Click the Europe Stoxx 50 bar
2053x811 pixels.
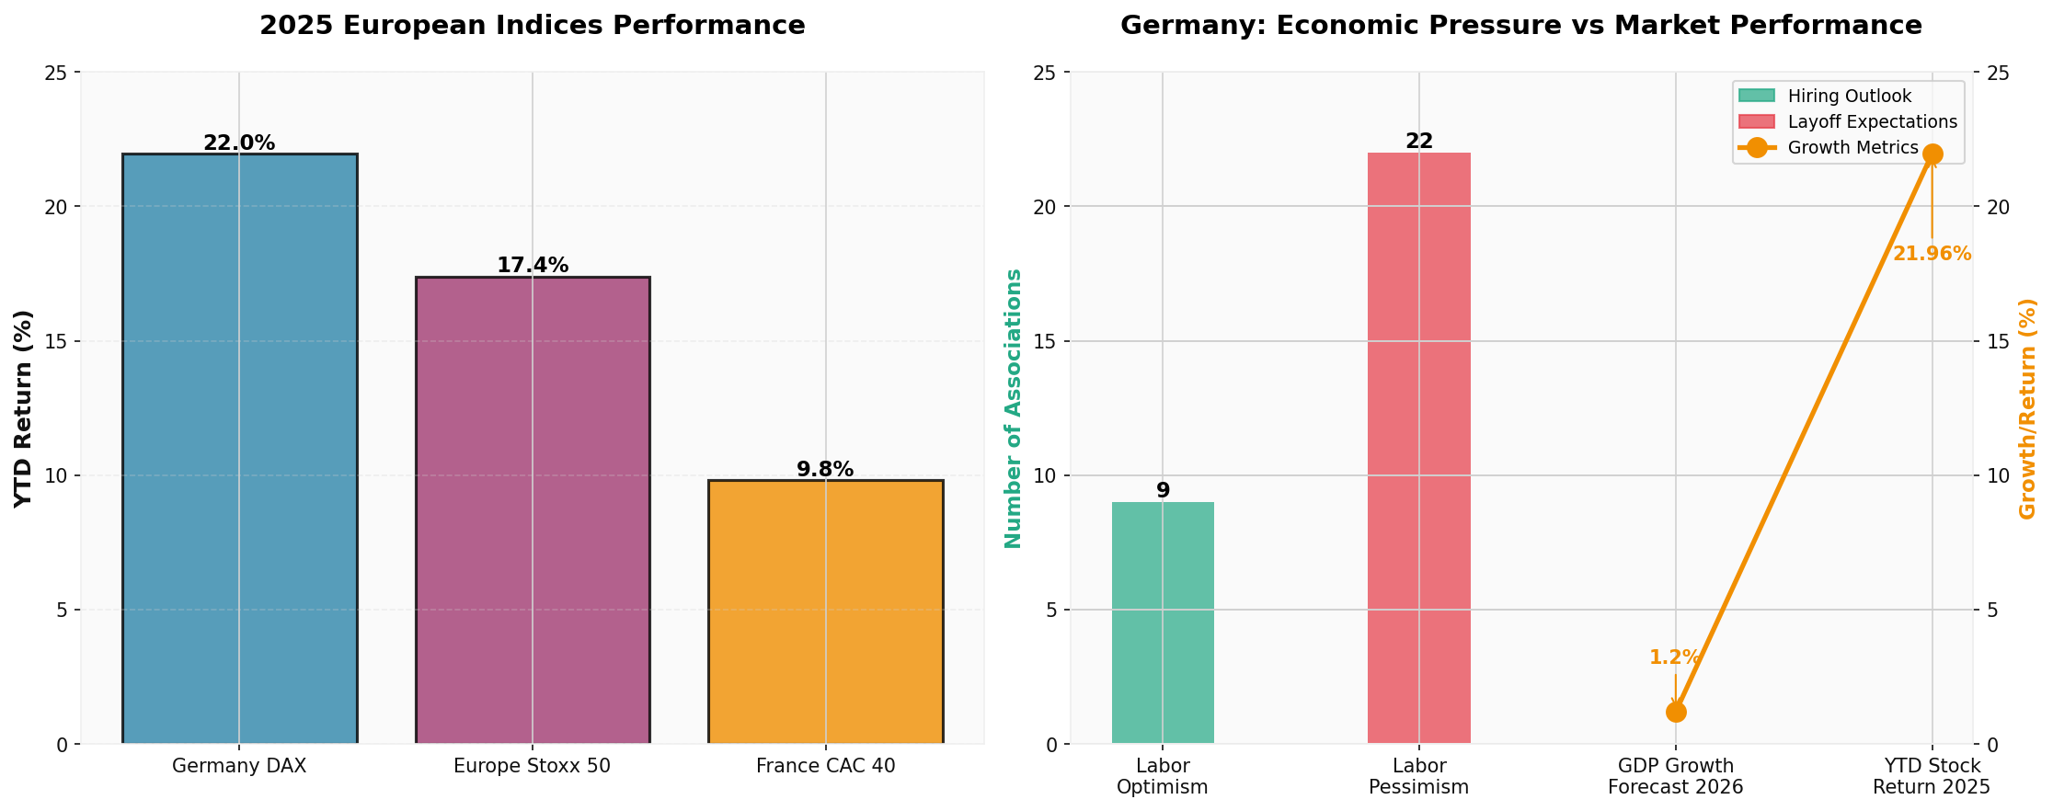click(533, 510)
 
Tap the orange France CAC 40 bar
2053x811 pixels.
click(825, 611)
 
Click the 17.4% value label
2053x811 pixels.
click(533, 266)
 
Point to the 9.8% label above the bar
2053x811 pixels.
click(825, 470)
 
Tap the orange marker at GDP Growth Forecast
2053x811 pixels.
click(1676, 712)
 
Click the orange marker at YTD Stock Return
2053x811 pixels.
click(1933, 154)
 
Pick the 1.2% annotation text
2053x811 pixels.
click(1674, 657)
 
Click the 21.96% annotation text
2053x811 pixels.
click(1932, 255)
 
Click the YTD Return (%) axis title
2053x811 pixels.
click(24, 408)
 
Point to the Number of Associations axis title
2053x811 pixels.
click(1014, 408)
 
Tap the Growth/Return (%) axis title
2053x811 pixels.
click(2028, 408)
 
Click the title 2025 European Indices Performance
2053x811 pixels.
click(532, 26)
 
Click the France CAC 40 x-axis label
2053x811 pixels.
click(825, 766)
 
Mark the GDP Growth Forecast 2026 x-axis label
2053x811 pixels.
click(1675, 777)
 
